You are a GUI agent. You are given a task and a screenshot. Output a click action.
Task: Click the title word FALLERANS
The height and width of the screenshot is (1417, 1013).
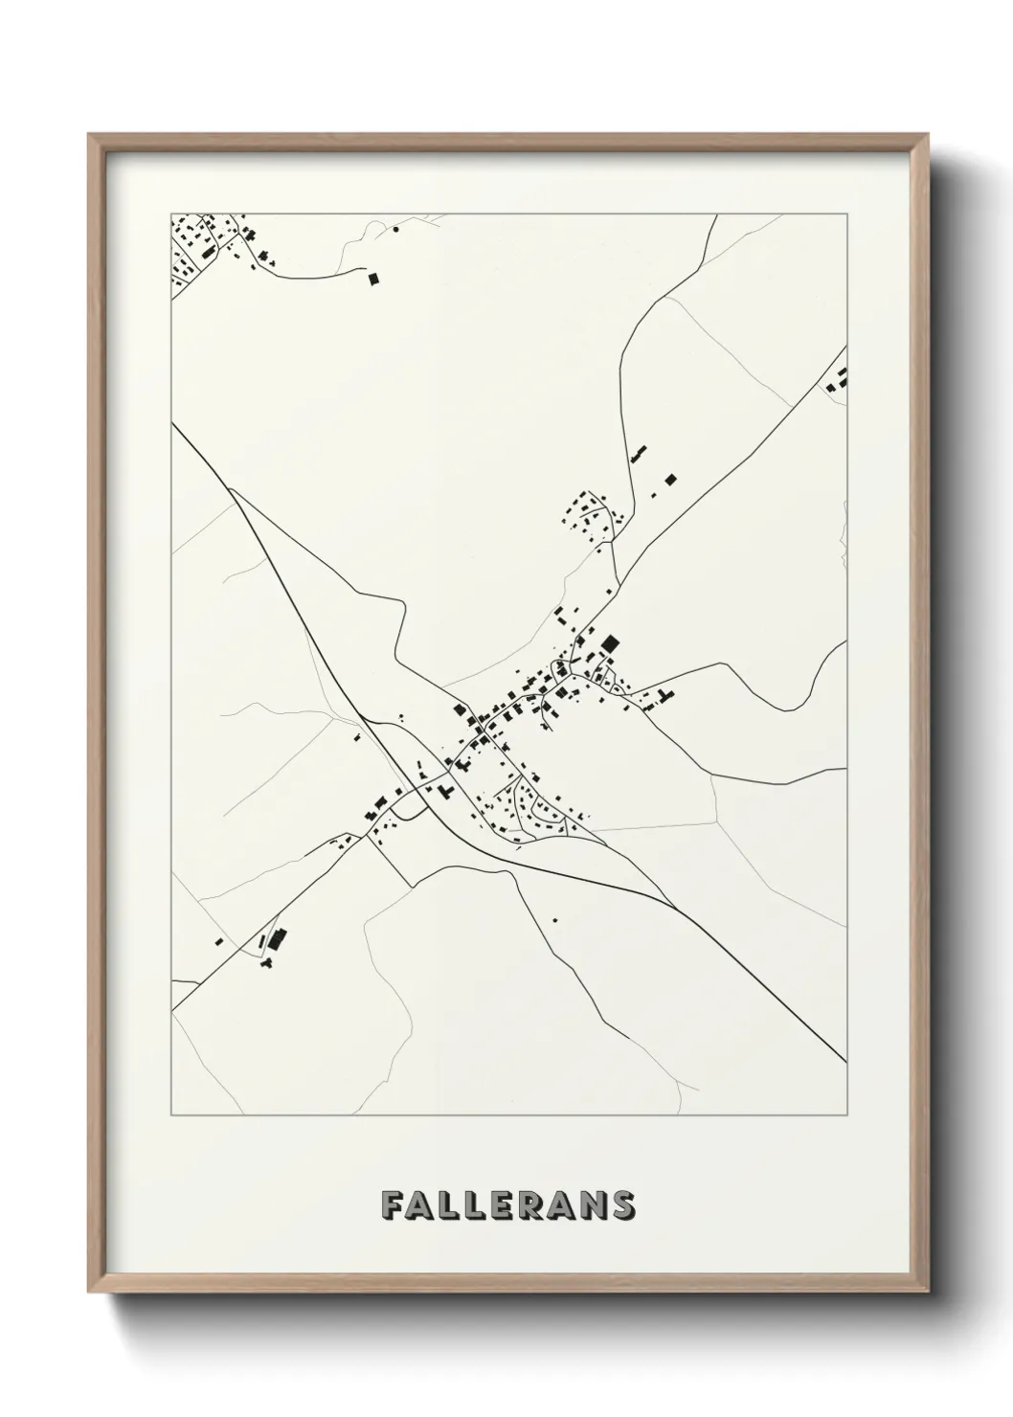tap(506, 1205)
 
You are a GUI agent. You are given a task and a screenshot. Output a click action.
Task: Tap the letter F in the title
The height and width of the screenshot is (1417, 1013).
tap(391, 1205)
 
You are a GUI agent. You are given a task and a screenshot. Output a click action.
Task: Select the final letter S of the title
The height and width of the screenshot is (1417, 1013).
tap(622, 1205)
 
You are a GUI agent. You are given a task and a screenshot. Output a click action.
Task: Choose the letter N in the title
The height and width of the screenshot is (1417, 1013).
tap(596, 1205)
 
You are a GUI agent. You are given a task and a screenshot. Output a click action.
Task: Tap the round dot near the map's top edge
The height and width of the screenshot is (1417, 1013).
tap(395, 230)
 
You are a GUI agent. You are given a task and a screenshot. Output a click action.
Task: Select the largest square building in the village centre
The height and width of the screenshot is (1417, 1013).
tap(610, 642)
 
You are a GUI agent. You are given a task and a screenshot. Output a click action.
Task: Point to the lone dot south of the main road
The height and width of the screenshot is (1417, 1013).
tap(552, 920)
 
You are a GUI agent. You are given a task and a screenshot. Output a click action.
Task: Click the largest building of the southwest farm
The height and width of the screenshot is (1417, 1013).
tap(278, 939)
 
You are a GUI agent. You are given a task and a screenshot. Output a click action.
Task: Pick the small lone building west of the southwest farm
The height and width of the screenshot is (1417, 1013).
tap(219, 940)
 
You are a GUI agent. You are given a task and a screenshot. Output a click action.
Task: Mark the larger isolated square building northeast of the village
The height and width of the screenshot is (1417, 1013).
tap(671, 478)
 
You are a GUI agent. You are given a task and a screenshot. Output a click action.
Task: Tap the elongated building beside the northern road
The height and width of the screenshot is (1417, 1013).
tap(638, 452)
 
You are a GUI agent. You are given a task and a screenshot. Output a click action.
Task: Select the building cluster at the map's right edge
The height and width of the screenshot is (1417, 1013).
tap(839, 380)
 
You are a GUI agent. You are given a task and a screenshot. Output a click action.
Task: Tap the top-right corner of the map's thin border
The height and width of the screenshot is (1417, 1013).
tap(847, 214)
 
